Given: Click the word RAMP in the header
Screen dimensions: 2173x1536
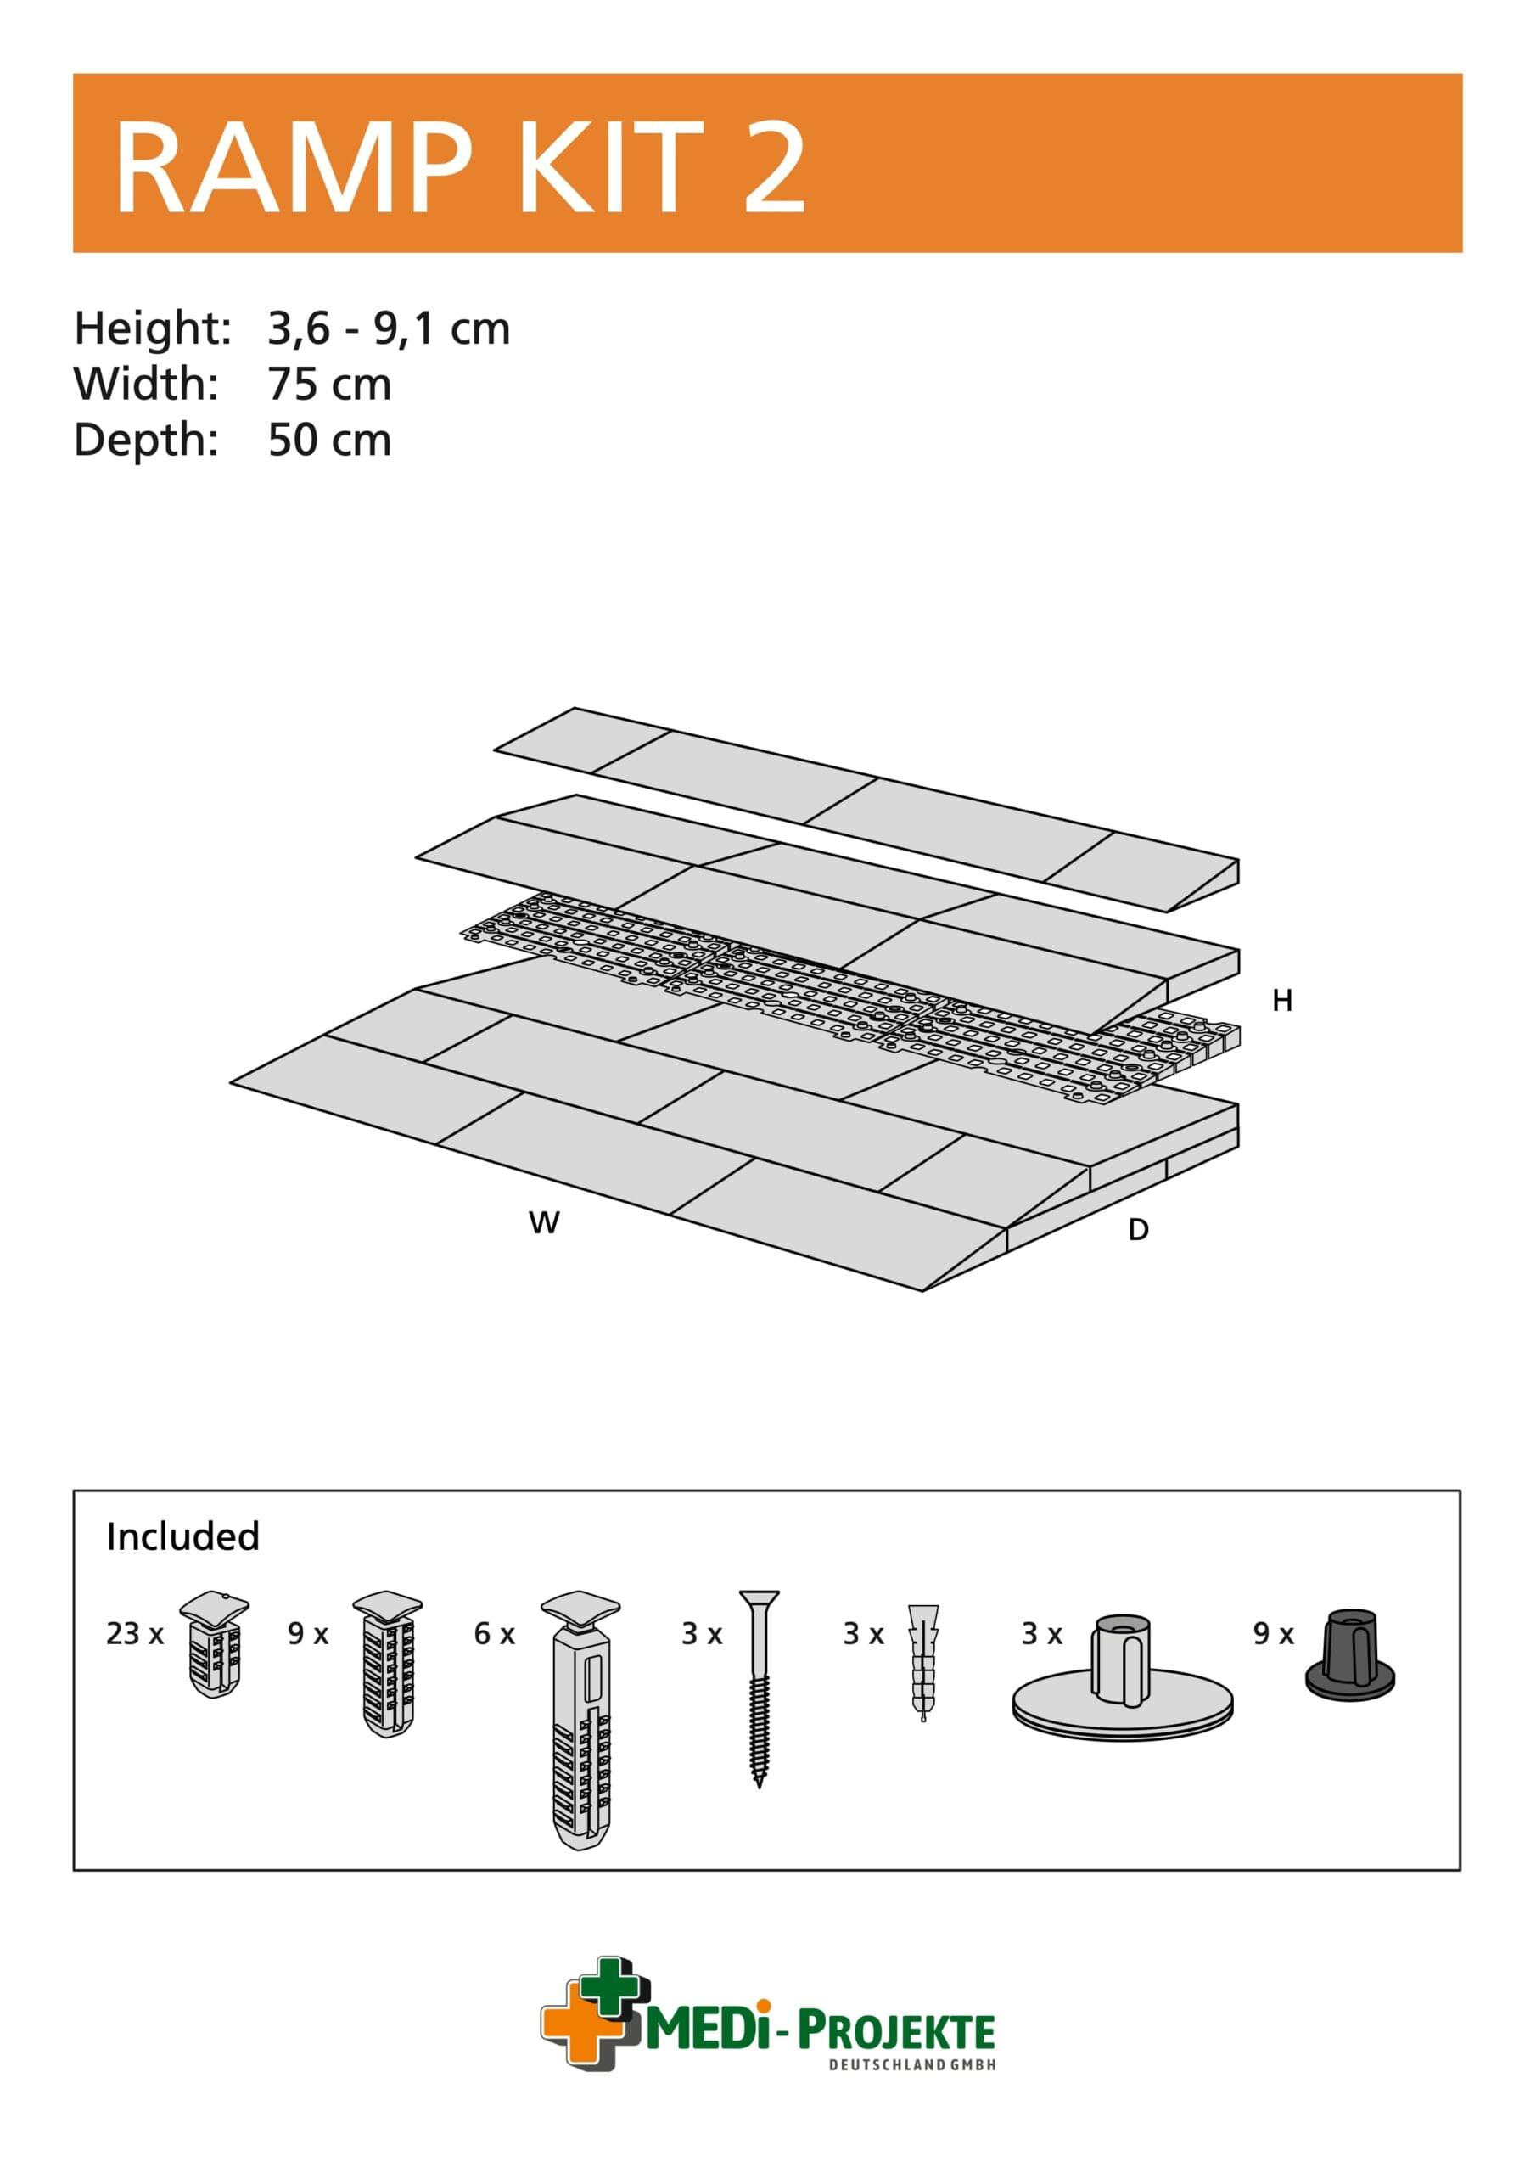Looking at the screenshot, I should [x=291, y=168].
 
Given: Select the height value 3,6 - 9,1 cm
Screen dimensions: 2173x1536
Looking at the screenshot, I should [x=388, y=328].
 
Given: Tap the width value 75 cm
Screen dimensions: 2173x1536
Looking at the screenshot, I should [x=328, y=385].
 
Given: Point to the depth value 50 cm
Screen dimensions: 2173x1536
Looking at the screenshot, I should [x=328, y=440].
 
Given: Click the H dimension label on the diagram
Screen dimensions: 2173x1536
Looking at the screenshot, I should [x=1281, y=1001].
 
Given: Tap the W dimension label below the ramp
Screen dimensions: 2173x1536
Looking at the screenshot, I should [x=543, y=1223].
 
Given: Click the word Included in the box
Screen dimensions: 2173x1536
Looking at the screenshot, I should [x=182, y=1536].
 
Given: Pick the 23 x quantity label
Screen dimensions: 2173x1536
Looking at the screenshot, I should [x=134, y=1633].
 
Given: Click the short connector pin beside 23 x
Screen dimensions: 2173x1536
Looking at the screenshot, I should [x=215, y=1643].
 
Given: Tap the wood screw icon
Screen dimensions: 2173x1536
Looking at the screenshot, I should [x=759, y=1685].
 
